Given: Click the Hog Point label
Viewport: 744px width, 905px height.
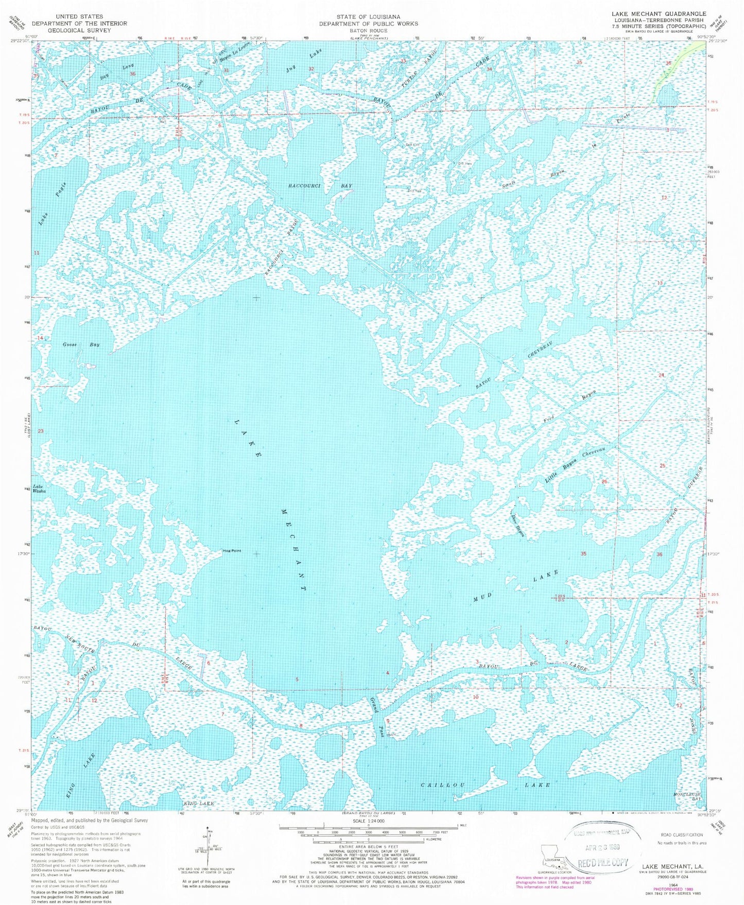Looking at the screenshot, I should tap(231, 551).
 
